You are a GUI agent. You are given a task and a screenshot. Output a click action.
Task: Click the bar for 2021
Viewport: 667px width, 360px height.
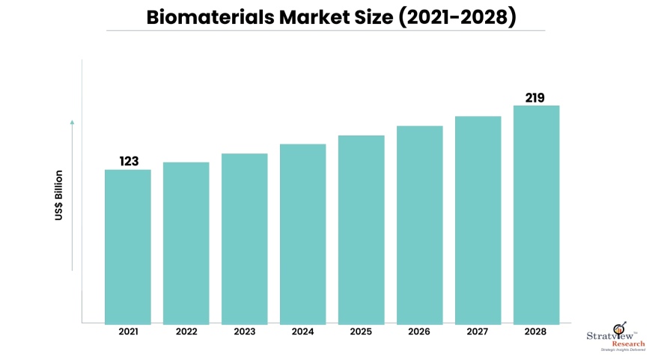127,246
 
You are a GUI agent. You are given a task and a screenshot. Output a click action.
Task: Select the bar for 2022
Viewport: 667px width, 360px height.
186,242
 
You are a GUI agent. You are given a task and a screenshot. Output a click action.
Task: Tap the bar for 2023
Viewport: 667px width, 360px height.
244,238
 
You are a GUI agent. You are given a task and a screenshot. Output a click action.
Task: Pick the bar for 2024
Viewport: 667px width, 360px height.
302,234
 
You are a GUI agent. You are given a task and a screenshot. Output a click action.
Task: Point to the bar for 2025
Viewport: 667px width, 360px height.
361,229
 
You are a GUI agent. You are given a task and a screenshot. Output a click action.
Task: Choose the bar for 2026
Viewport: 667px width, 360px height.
419,225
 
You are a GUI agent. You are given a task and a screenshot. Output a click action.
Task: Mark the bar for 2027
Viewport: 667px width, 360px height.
478,219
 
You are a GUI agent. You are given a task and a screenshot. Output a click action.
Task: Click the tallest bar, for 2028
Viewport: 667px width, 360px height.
536,214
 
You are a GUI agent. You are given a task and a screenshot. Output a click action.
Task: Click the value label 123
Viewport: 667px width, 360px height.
129,161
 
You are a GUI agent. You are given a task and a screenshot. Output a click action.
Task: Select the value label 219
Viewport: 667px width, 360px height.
534,97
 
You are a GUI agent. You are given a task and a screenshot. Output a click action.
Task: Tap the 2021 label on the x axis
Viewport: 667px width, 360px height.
128,332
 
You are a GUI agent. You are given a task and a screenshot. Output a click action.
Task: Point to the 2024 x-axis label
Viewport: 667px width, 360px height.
302,332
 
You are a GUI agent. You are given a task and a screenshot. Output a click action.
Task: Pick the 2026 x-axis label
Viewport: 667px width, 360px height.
419,332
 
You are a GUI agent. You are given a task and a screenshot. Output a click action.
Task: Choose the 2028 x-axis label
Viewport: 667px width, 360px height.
536,332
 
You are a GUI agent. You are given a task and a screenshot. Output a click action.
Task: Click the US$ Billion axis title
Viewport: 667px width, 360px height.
59,195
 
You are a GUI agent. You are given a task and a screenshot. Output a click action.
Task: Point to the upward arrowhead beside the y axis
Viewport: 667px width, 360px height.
73,121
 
